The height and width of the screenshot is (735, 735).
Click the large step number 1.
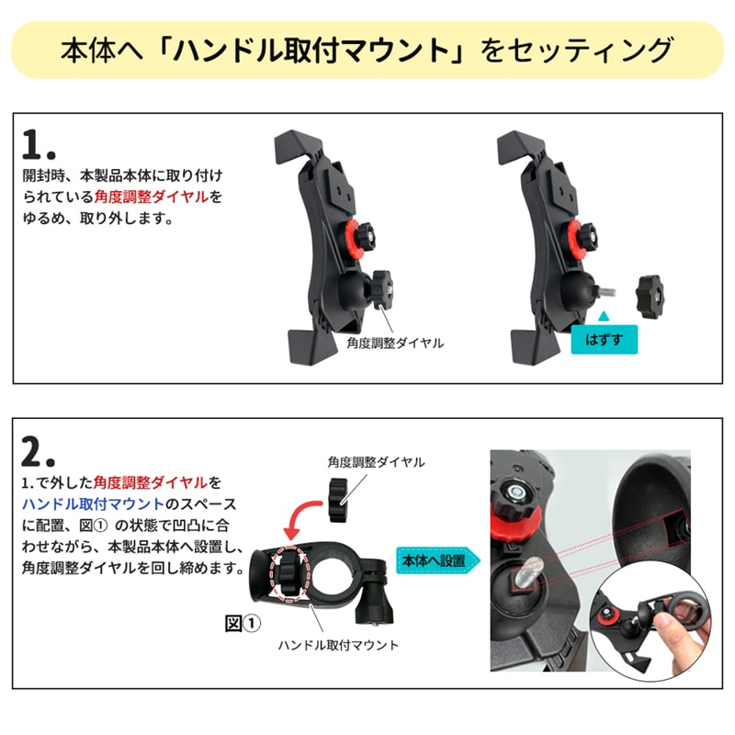(x=39, y=144)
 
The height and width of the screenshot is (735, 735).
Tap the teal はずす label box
(x=604, y=339)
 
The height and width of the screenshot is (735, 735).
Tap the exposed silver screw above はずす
(x=606, y=291)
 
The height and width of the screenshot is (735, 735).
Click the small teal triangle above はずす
(x=604, y=316)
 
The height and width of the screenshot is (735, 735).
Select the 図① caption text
(x=243, y=624)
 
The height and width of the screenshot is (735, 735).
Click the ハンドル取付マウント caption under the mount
(x=338, y=646)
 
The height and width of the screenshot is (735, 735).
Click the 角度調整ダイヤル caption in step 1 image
(x=395, y=343)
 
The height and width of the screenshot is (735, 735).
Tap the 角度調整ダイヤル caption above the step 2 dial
(x=377, y=462)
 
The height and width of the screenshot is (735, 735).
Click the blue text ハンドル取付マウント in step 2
(x=93, y=503)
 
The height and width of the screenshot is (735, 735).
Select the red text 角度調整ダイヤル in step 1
(x=152, y=197)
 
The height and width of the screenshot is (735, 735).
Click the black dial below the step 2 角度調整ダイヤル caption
(x=338, y=500)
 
